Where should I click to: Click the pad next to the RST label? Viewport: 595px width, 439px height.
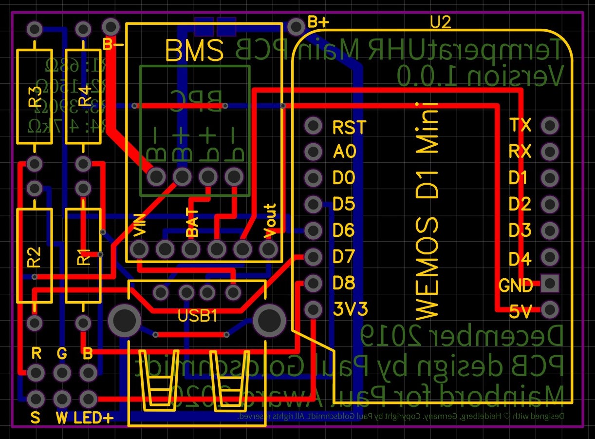pyautogui.click(x=313, y=126)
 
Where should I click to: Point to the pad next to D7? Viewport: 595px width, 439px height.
pyautogui.click(x=313, y=256)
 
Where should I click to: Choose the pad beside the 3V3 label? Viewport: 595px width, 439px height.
pyautogui.click(x=313, y=308)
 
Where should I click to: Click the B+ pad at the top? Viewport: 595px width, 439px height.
pyautogui.click(x=296, y=26)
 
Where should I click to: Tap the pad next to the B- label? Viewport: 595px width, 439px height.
pyautogui.click(x=111, y=26)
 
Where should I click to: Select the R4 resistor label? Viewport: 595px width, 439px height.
pyautogui.click(x=84, y=96)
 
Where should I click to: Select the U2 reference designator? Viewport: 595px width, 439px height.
pyautogui.click(x=440, y=21)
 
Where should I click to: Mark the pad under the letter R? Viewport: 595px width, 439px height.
pyautogui.click(x=35, y=373)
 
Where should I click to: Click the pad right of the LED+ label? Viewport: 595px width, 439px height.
pyautogui.click(x=88, y=399)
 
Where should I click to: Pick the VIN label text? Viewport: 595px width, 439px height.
pyautogui.click(x=139, y=228)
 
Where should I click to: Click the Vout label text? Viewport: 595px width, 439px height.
pyautogui.click(x=268, y=221)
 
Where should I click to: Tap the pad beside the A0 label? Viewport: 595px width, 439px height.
pyautogui.click(x=313, y=152)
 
